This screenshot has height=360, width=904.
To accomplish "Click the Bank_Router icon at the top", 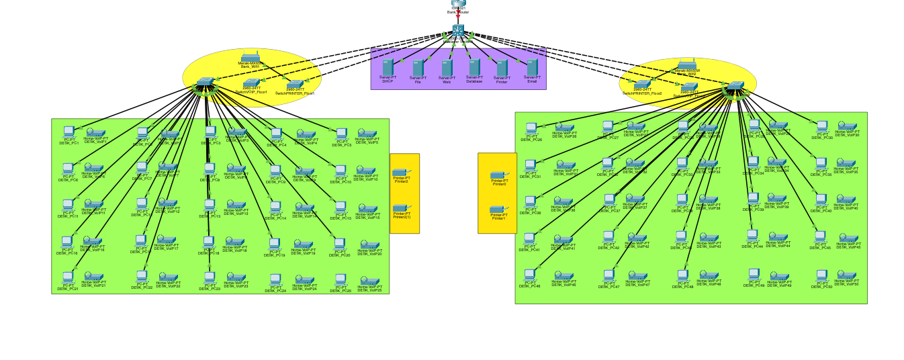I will click(458, 3).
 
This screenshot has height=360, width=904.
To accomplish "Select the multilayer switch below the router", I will click(458, 30).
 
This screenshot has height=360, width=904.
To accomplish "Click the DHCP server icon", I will click(388, 67).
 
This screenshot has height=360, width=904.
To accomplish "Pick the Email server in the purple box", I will click(532, 67).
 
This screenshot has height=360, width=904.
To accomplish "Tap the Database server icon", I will click(474, 66).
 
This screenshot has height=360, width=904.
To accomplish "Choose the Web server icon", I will click(447, 67).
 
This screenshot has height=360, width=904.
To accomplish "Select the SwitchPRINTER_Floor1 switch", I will click(295, 84).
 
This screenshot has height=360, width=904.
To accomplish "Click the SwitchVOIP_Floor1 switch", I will click(251, 83).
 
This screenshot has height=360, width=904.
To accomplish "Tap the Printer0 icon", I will click(499, 175).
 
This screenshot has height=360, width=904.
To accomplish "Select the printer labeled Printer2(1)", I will click(402, 209).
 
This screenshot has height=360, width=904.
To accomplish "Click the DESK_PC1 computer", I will click(69, 132).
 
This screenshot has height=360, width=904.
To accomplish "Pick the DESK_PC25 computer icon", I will click(341, 279).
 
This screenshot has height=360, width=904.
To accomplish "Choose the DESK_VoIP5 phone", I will click(367, 134).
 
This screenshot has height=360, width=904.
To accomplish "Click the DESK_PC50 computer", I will click(822, 275).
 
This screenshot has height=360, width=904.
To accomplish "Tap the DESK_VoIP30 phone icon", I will click(844, 126).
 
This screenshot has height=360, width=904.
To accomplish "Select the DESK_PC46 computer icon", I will click(530, 274).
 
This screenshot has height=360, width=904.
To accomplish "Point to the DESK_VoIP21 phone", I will click(94, 277).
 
